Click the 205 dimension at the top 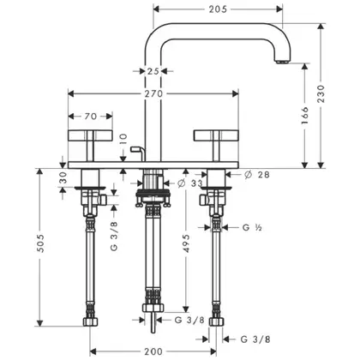(x=218, y=9)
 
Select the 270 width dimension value (x=153, y=93)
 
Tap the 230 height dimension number (x=321, y=93)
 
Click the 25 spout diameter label (x=153, y=71)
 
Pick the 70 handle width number (x=91, y=117)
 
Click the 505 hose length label (x=40, y=243)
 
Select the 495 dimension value (x=186, y=243)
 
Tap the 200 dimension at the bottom (x=153, y=351)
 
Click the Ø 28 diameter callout (x=257, y=175)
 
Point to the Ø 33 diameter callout (x=190, y=183)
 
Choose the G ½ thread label (x=252, y=227)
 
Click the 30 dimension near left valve (x=63, y=177)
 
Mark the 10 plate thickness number (x=123, y=140)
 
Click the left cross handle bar (x=90, y=135)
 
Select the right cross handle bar (x=216, y=135)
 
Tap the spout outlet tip (x=283, y=62)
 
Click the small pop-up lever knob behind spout (x=135, y=149)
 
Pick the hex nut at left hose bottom (x=90, y=321)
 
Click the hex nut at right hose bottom (x=216, y=321)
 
